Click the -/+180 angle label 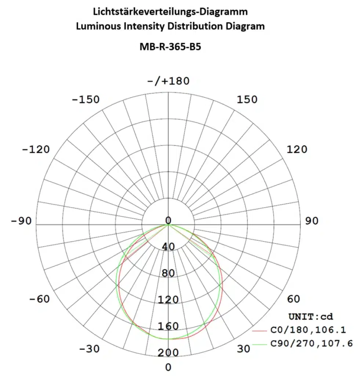point(168,81)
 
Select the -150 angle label point(85,100)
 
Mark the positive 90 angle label point(312,221)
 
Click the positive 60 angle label point(293,299)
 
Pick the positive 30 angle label point(243,349)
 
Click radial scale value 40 point(168,247)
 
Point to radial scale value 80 point(168,273)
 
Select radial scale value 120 point(168,300)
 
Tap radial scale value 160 point(168,326)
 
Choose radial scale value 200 point(168,352)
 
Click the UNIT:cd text point(310,317)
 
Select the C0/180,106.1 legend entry point(308,330)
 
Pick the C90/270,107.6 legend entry point(311,344)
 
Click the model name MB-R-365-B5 point(170,47)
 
